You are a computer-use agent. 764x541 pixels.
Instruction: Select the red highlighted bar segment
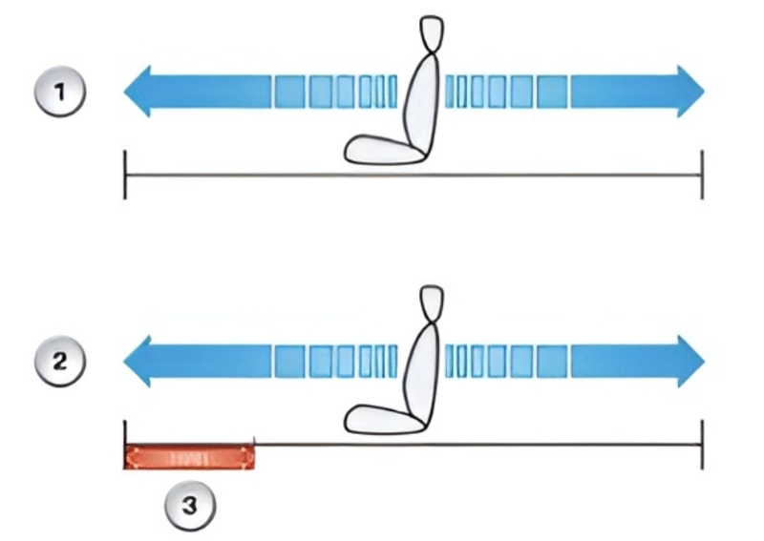click(190, 457)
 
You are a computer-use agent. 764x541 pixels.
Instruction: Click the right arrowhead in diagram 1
click(690, 92)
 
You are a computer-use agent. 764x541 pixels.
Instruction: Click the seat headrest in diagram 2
click(433, 302)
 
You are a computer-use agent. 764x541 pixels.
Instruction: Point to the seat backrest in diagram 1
click(419, 100)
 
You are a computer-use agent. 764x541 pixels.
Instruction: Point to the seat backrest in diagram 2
click(419, 370)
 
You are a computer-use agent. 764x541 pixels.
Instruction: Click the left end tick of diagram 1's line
click(125, 175)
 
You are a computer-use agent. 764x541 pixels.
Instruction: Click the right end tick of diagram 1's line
click(702, 175)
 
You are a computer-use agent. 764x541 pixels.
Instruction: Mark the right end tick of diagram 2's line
click(702, 445)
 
